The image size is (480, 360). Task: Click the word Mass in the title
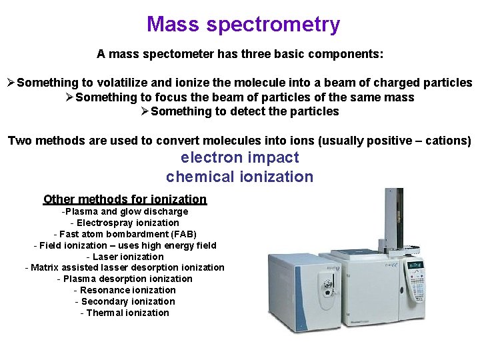coord(173,25)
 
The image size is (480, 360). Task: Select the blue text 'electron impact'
coord(239,158)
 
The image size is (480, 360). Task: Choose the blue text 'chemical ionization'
coord(239,177)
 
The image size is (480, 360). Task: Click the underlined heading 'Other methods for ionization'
coord(125,199)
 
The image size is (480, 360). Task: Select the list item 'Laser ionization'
coord(127,257)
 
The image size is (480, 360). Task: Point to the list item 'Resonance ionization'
coord(127,290)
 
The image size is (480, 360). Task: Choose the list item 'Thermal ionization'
coord(127,313)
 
